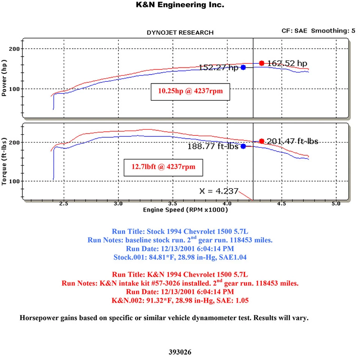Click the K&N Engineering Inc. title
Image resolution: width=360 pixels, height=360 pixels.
point(180,5)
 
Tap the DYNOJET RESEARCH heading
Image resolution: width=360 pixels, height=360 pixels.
point(180,33)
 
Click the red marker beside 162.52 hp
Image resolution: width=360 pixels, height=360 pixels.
point(262,63)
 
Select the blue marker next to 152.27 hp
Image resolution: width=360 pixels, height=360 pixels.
point(243,67)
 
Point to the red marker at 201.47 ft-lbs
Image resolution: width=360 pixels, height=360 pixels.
point(262,141)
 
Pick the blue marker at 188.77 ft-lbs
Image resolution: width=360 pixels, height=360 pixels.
point(243,146)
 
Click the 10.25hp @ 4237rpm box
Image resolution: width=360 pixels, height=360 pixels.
point(191,91)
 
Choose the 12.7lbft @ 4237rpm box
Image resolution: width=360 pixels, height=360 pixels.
point(163,166)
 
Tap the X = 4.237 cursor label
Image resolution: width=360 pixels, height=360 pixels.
point(219,191)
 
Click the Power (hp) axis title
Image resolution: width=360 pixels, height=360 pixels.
point(4,77)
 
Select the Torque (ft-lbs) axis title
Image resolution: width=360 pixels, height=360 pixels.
point(4,162)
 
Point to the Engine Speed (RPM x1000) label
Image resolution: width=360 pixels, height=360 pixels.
point(185,210)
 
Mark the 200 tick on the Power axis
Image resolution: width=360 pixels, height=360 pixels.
point(16,49)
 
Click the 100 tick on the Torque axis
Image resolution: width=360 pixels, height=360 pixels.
point(16,181)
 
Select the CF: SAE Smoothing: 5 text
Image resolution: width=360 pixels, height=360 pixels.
point(318,31)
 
